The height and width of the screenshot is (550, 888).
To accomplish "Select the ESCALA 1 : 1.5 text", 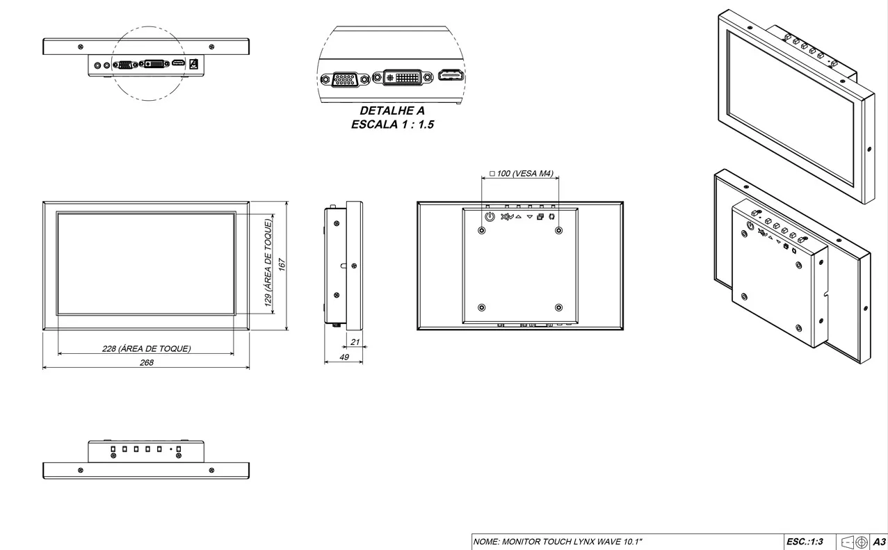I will point(392,125).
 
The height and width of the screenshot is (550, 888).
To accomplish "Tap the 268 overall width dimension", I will point(147,362).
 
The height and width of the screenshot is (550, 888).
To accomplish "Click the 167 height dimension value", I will point(282,266).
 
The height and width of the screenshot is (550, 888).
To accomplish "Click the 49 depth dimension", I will point(344,357).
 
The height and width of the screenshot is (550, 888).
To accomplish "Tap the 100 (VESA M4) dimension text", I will point(521,174).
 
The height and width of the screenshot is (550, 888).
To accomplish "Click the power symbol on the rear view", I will point(490,217).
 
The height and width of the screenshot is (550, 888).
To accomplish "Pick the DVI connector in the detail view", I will point(401,77).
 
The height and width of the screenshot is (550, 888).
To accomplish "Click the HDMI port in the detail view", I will point(451,75).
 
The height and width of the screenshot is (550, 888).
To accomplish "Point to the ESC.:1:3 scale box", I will point(805,542).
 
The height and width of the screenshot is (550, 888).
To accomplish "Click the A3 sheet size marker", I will point(880,542).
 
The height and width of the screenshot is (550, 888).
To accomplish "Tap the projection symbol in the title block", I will point(852,542).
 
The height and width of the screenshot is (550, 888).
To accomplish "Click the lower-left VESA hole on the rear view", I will point(482,307).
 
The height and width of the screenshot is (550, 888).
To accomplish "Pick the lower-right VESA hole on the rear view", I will point(559,307).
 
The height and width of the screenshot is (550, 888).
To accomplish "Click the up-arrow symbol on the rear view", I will point(518,217).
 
